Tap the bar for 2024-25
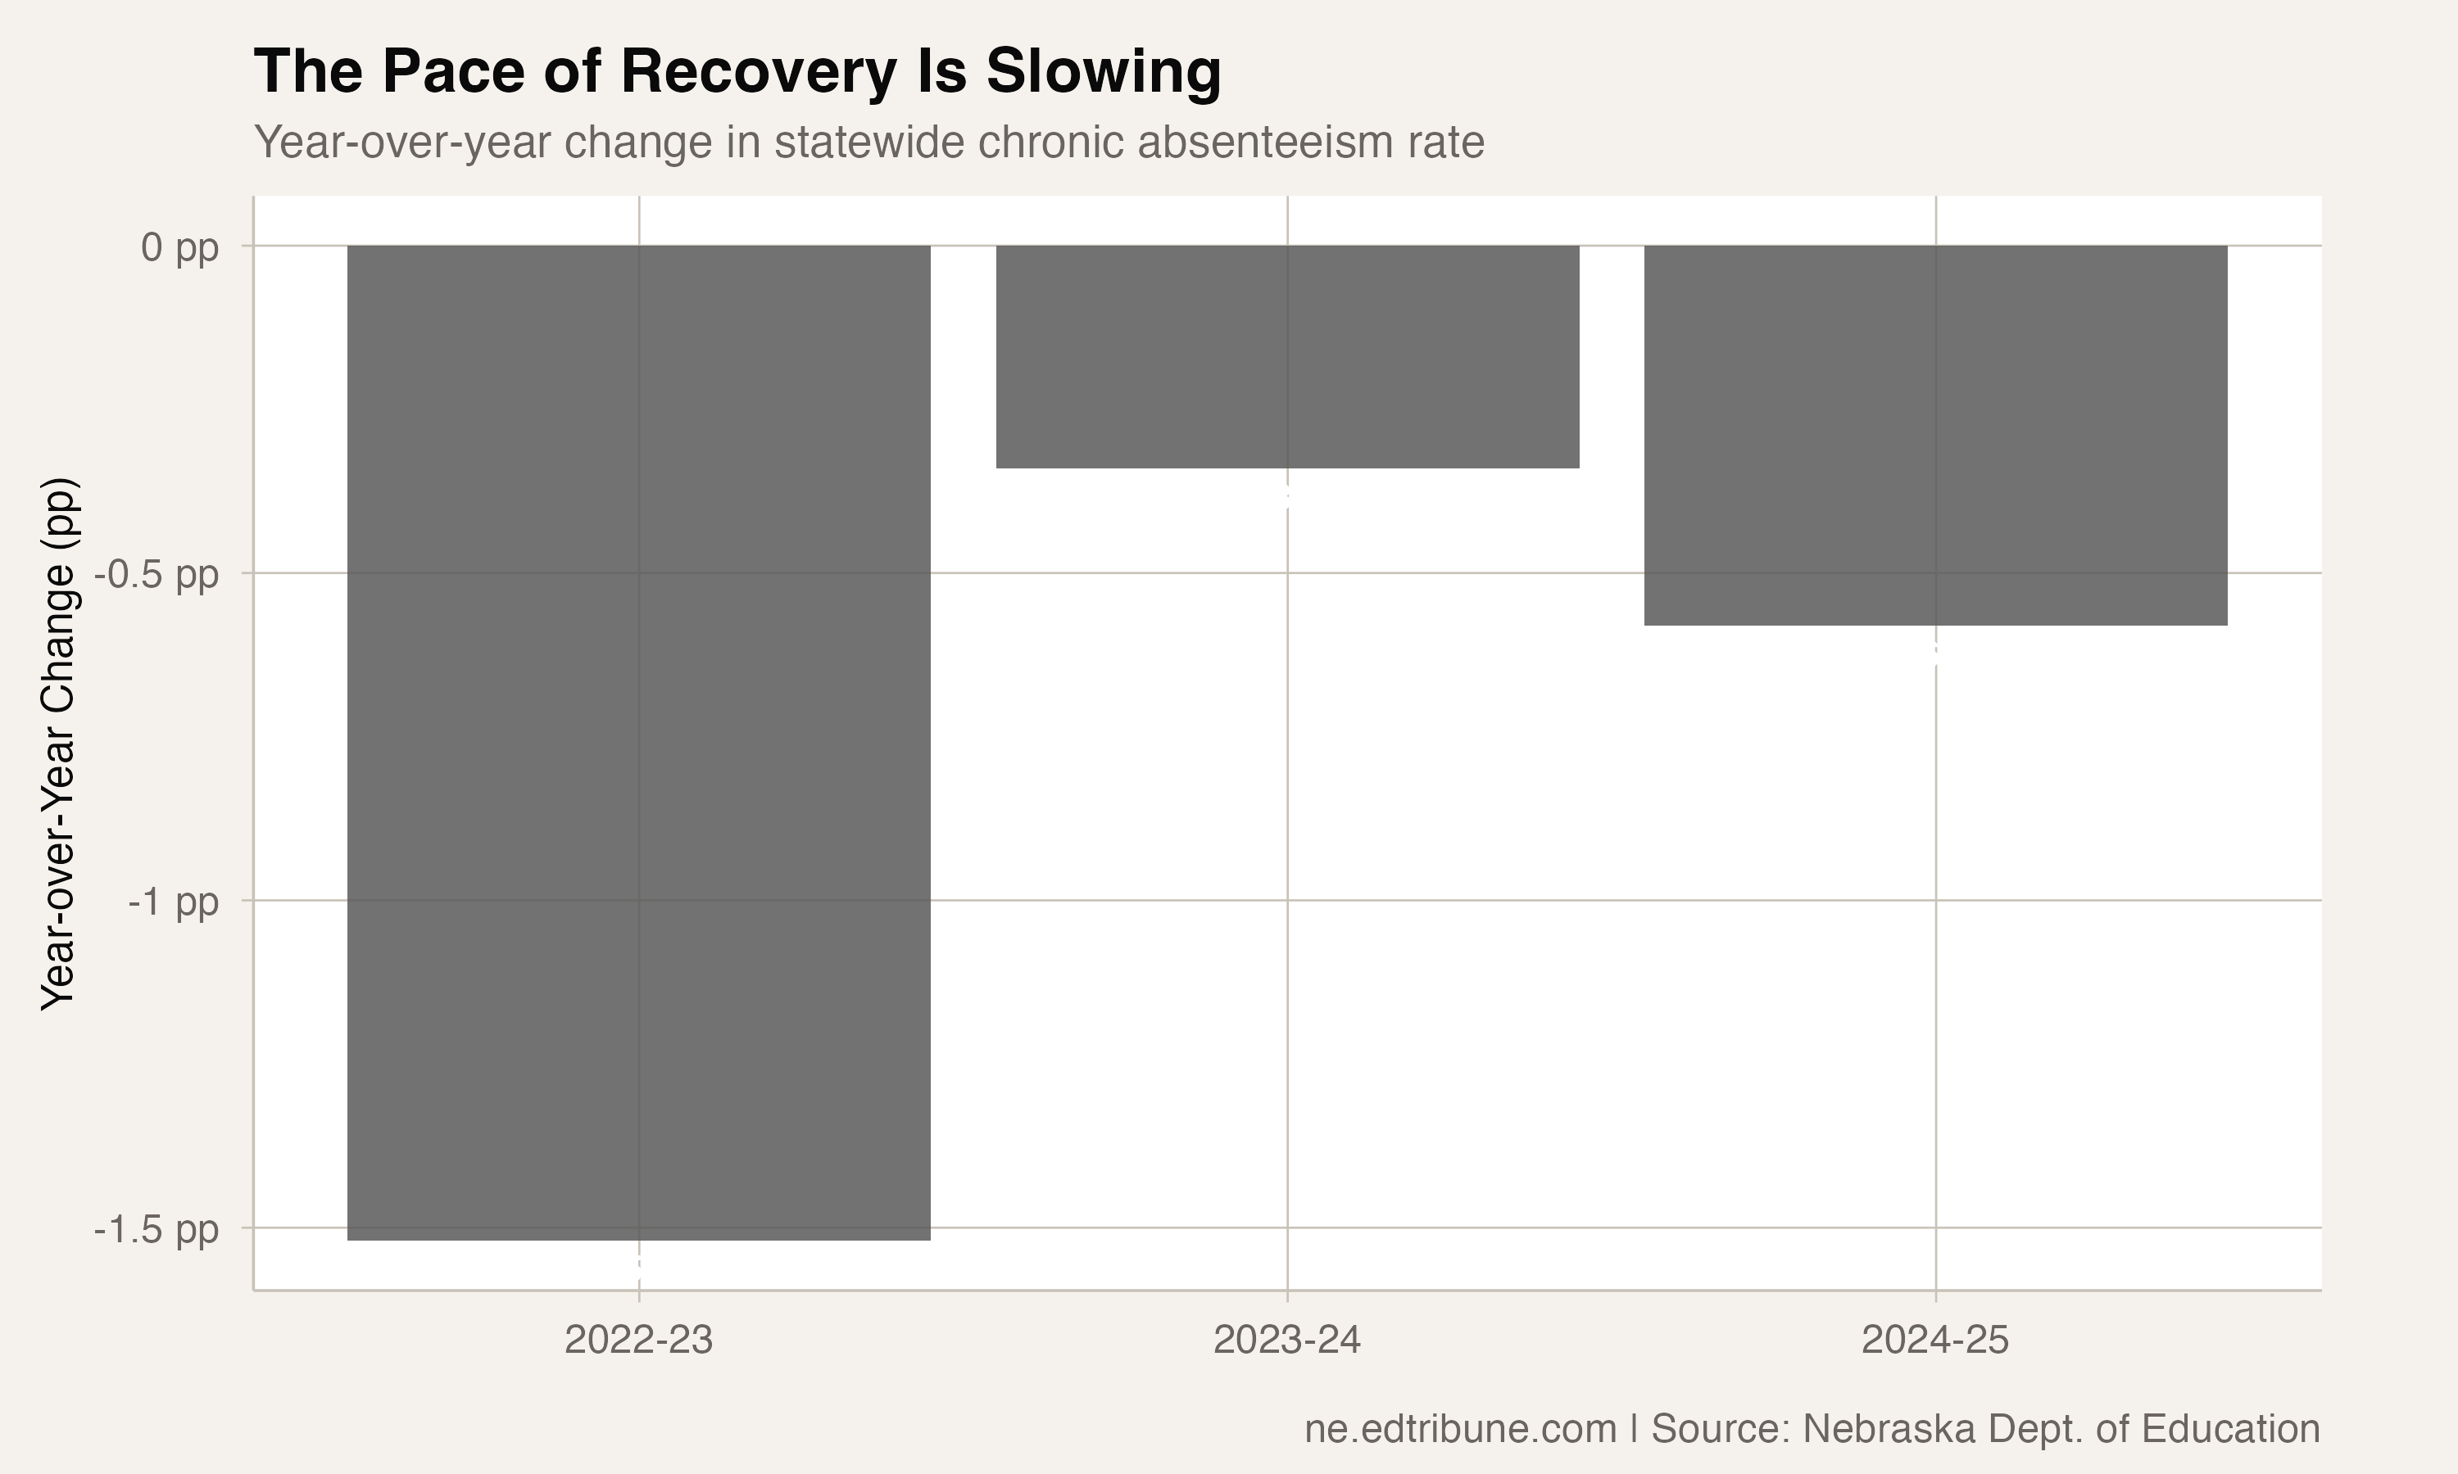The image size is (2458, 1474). tap(1935, 434)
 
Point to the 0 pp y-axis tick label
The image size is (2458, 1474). tap(179, 248)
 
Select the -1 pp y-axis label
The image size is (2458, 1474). tap(173, 903)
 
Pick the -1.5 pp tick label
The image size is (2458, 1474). tap(156, 1231)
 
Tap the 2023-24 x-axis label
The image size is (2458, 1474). tap(1288, 1341)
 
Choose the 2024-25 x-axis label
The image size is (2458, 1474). tap(1935, 1341)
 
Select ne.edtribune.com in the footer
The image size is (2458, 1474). tap(1459, 1429)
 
